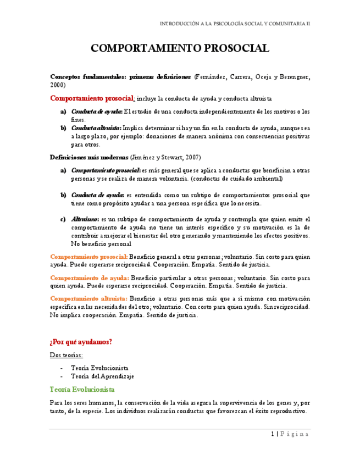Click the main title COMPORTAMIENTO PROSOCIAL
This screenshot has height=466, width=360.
pos(180,48)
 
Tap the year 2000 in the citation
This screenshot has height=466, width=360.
pos(58,85)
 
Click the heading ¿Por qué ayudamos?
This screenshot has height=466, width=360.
pos(81,342)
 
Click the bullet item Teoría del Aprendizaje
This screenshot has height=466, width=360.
pos(102,376)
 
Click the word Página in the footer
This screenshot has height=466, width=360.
pos(296,434)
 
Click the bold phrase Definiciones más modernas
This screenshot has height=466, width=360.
pos(87,157)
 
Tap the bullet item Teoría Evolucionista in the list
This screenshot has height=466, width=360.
pos(99,367)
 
